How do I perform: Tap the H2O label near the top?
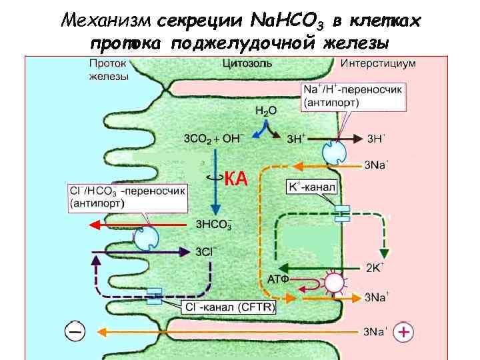click(x=265, y=111)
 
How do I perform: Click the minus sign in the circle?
click(x=75, y=331)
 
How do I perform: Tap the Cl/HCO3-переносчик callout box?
click(x=127, y=198)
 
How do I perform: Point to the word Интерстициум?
click(x=378, y=64)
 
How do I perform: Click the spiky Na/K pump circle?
click(x=333, y=283)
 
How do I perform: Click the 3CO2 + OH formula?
click(x=212, y=139)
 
